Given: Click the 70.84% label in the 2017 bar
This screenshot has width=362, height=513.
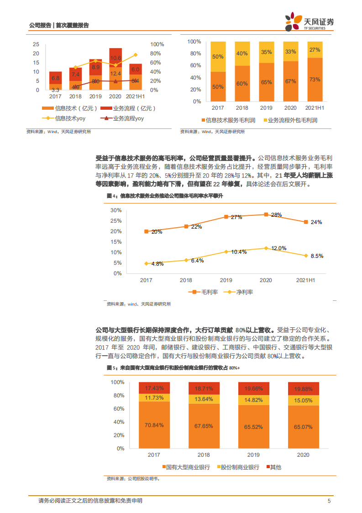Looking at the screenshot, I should (154, 426).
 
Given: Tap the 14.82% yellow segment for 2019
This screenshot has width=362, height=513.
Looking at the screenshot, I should (253, 400).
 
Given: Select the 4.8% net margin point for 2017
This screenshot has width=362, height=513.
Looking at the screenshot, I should (146, 263).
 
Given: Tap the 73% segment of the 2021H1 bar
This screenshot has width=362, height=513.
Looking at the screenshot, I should (315, 80).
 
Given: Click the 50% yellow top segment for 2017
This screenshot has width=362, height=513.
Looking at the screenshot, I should (218, 57).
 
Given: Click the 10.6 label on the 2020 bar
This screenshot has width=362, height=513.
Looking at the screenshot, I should (115, 58).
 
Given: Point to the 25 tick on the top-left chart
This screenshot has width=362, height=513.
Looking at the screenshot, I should (36, 44).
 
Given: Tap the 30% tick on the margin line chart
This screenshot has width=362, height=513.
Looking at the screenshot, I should (116, 210).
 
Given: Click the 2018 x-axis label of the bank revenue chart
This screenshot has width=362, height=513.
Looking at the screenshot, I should (203, 455).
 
